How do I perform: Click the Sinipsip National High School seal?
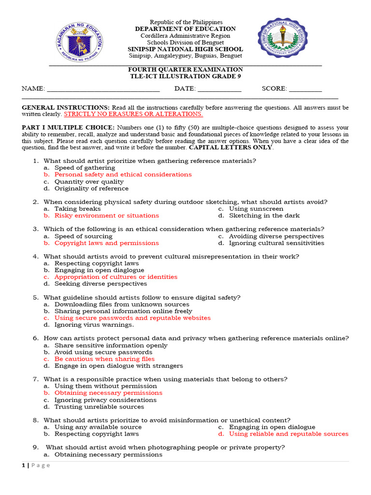coord(283,38)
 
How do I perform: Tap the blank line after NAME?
coord(103,89)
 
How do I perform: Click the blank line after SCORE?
coord(305,89)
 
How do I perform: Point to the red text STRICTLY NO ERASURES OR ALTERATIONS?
coord(133,114)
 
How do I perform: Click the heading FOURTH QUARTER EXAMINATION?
coord(185,70)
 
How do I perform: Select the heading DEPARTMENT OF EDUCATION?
coord(185,29)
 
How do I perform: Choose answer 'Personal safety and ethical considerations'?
coord(123,175)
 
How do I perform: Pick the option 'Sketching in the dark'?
coord(264,216)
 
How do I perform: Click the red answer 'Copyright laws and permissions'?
coord(106,243)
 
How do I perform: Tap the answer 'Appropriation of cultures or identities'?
coord(116,277)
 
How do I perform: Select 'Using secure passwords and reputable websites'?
coord(132,318)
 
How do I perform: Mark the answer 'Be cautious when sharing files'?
coord(104,359)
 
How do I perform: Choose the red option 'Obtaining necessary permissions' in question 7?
coord(108,393)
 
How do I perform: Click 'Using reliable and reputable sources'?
coord(288,434)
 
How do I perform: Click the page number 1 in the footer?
coord(23,466)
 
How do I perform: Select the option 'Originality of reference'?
coord(91,189)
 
